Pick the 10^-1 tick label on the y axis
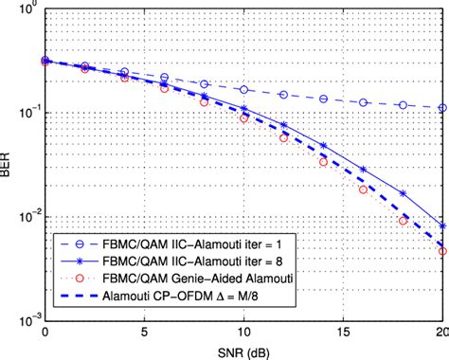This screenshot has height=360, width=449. click(x=27, y=115)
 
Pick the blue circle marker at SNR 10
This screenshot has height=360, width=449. click(x=244, y=90)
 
